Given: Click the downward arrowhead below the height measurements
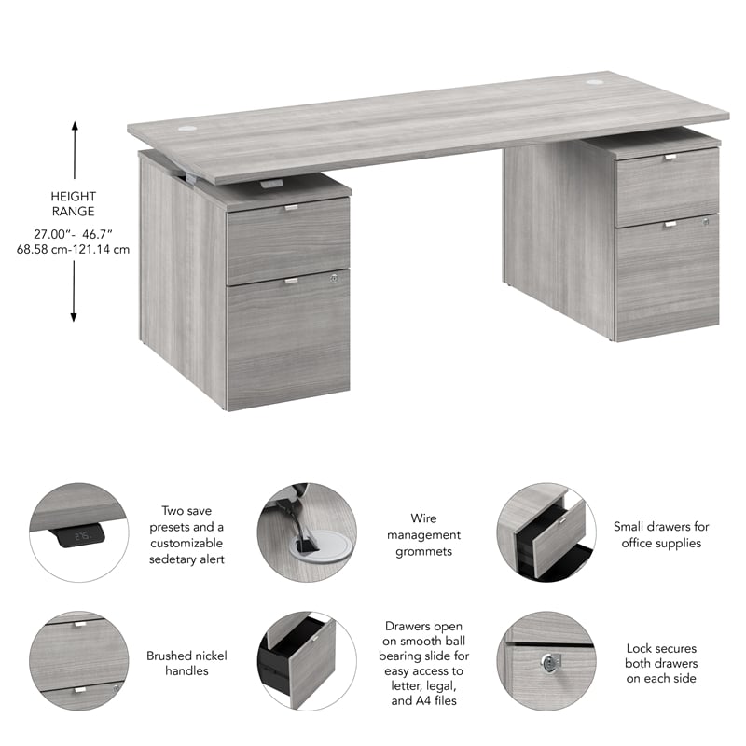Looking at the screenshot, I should pyautogui.click(x=74, y=316).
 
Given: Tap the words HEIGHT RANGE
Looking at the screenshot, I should pyautogui.click(x=74, y=203).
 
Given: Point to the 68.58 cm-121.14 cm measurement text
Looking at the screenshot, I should pyautogui.click(x=73, y=249).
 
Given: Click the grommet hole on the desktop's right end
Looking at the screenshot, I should pyautogui.click(x=595, y=84).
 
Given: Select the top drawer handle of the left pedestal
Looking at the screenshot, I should pyautogui.click(x=292, y=207).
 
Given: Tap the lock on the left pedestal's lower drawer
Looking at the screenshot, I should pyautogui.click(x=333, y=277).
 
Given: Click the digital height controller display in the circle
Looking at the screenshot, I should pyautogui.click(x=83, y=537).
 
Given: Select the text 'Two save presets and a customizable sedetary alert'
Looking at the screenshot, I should pyautogui.click(x=186, y=534).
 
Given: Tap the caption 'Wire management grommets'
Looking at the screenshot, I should pyautogui.click(x=435, y=534).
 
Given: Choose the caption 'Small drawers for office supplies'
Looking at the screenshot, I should pyautogui.click(x=660, y=534).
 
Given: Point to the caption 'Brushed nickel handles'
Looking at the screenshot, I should pyautogui.click(x=186, y=663).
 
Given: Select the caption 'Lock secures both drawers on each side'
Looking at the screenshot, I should pyautogui.click(x=661, y=663).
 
